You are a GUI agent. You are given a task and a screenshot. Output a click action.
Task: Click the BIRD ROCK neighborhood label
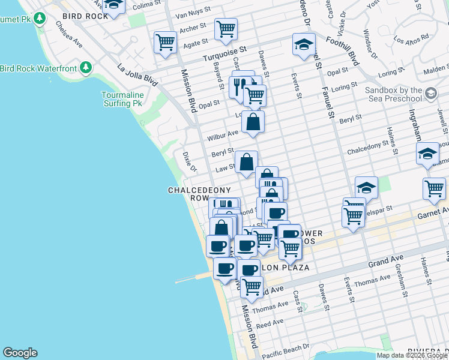tap(84, 16)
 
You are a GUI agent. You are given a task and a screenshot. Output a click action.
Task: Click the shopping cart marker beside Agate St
tap(164, 43)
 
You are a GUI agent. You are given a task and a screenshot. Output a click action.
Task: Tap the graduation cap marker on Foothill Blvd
tap(304, 44)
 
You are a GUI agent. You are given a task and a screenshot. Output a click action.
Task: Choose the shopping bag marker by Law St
tap(246, 161)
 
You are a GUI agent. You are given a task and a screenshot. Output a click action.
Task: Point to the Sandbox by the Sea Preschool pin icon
tap(430, 93)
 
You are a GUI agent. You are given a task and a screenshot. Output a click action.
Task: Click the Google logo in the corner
tap(20, 353)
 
